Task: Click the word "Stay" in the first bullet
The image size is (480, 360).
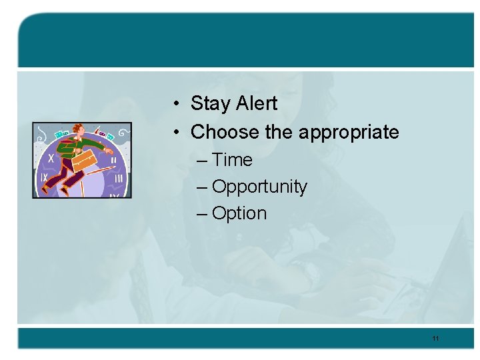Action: coord(209,104)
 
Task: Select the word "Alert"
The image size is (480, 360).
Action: coord(255,103)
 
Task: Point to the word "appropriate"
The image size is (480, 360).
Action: coord(349,133)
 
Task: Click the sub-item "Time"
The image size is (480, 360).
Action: coord(232,160)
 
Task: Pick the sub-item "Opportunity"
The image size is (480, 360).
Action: coord(259,187)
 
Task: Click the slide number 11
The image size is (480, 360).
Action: coord(435,339)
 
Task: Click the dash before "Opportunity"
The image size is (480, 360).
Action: coord(203,187)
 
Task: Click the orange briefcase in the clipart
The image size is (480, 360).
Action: coord(85,159)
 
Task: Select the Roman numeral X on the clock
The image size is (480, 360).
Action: coord(51,159)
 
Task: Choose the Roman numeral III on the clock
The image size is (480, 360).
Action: coord(117,178)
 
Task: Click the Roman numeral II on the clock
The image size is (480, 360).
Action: coord(113,160)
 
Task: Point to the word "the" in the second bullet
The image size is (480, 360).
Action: coord(279,132)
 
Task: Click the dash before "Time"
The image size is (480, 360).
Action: coord(203,161)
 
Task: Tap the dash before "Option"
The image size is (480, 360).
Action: coord(203,214)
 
